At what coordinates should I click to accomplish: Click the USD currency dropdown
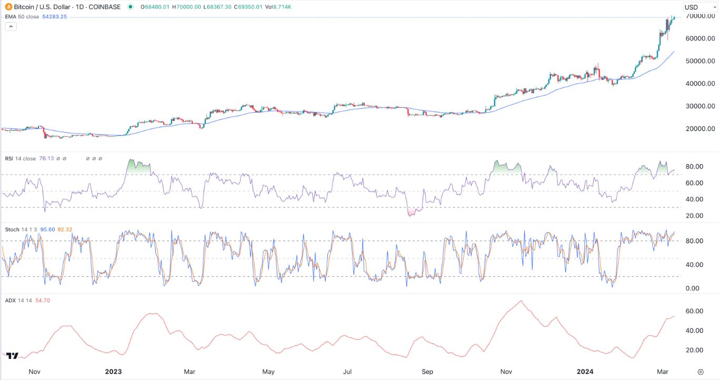click(x=700, y=7)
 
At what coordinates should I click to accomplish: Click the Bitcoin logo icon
click(x=7, y=7)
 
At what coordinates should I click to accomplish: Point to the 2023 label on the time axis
click(x=113, y=372)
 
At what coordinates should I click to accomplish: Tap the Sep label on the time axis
click(x=427, y=372)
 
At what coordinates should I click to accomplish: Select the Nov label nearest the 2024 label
click(x=506, y=372)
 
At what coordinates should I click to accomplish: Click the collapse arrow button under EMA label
click(x=11, y=26)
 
